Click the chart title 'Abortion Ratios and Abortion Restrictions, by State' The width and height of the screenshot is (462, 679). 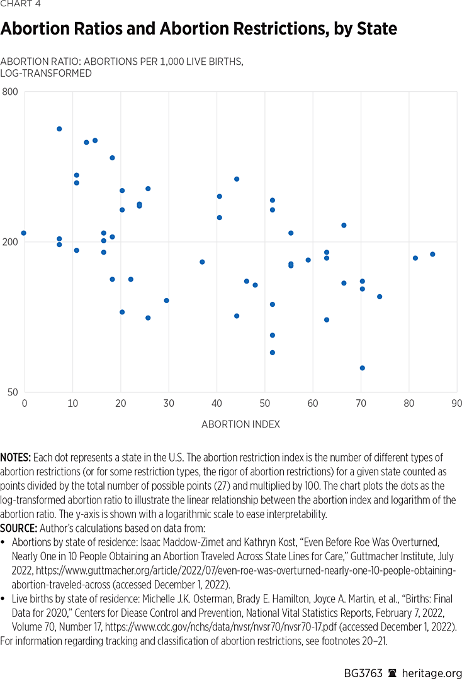tap(198, 29)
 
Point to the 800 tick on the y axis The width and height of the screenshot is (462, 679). tap(10, 92)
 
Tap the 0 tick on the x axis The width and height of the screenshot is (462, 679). tap(25, 403)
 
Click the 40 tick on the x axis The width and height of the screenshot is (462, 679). tap(217, 403)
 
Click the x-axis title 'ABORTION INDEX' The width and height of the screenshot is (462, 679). tap(240, 424)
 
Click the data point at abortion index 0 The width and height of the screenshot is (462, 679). tap(24, 233)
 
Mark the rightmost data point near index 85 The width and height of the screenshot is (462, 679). tap(432, 254)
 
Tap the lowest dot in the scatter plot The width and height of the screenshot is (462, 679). tap(363, 368)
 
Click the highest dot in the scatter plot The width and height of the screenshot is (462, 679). tap(59, 129)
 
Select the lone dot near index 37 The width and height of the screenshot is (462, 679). tap(202, 262)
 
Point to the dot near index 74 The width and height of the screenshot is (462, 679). tap(380, 297)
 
